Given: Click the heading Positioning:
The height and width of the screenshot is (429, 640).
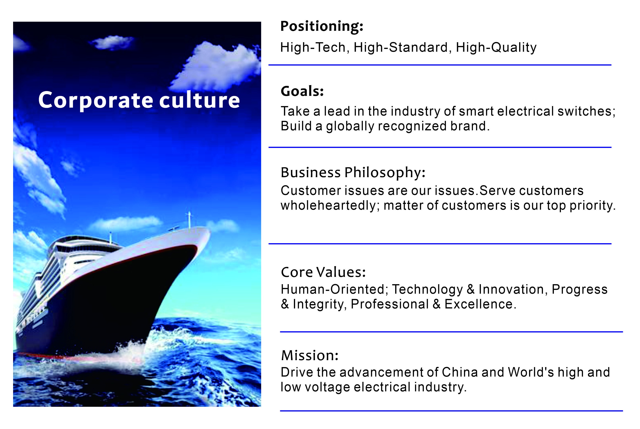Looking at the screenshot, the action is [322, 27].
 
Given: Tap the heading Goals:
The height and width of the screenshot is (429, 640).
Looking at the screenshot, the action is [302, 91].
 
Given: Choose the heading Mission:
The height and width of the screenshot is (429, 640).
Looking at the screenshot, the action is [310, 355].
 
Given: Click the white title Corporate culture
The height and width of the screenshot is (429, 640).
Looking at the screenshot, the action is [139, 100].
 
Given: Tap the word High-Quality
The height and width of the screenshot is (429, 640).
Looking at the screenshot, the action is [496, 48].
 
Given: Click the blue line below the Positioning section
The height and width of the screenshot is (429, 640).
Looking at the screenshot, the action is [440, 65].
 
